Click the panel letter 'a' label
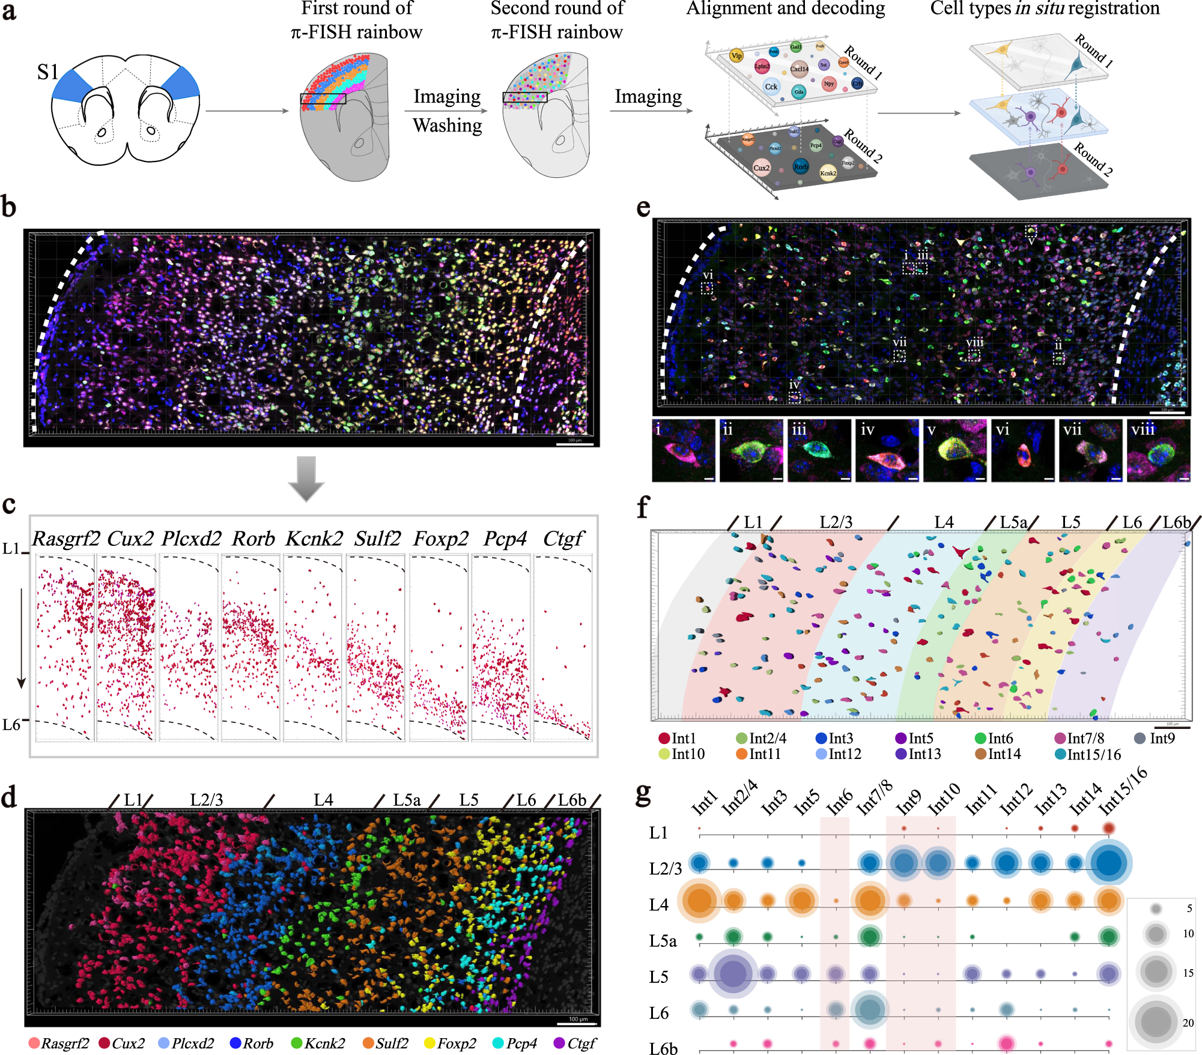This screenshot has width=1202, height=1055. (x=9, y=11)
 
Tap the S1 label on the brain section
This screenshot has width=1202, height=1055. (x=47, y=73)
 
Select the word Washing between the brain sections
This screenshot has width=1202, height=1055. (x=447, y=125)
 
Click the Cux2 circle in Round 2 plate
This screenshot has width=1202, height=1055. (x=761, y=168)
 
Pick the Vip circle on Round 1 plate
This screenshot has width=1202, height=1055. (x=736, y=56)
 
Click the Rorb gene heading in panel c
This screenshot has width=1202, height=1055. (x=253, y=539)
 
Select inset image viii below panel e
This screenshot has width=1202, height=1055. (x=1158, y=450)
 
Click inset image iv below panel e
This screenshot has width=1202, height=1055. (x=887, y=450)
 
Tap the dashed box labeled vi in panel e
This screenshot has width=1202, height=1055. (x=707, y=289)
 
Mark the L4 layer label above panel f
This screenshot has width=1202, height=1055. (x=944, y=522)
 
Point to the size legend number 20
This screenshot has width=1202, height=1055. (x=1188, y=1023)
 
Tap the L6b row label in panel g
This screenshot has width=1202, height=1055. (x=663, y=1048)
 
